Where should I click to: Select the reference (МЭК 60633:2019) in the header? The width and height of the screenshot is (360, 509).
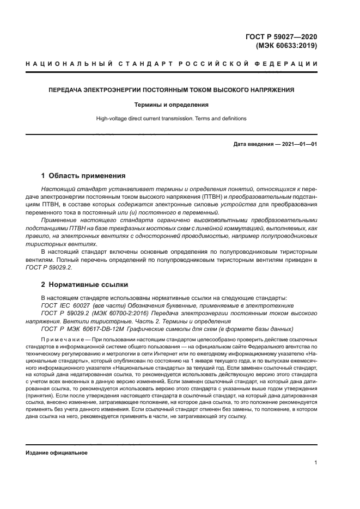(286, 46)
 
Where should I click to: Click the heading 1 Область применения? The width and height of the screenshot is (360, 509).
(83, 176)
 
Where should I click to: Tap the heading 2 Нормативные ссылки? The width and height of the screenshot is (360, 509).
(84, 284)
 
